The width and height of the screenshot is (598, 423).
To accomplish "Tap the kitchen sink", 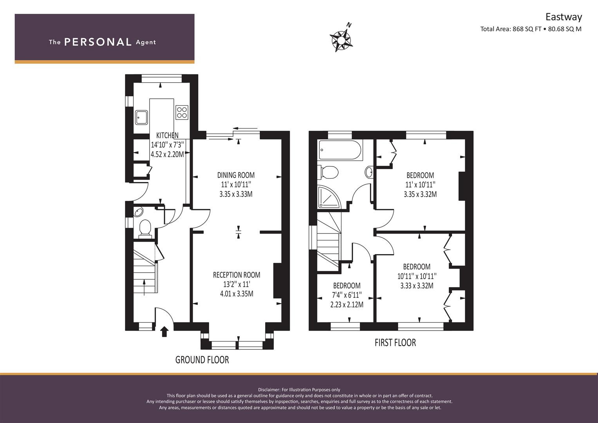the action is pos(141,117).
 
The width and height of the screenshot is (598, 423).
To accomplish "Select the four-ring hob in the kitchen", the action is pos(182,112).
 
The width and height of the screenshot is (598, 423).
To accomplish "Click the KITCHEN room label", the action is pos(167,135).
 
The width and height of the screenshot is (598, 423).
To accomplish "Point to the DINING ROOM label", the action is pos(236,175).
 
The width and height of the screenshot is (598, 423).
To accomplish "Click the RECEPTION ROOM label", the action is pos(237,275).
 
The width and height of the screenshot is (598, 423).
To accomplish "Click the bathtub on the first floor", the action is pos(340,150).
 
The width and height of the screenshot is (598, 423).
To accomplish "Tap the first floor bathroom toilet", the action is pos(328,172).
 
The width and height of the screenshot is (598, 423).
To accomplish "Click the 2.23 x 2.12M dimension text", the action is pos(347,304).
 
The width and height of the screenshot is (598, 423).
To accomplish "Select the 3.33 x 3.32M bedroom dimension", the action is pos(417,286).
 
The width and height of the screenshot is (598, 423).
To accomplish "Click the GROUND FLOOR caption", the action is pos(202,360).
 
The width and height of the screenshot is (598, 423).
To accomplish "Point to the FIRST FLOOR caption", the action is pos(396,342).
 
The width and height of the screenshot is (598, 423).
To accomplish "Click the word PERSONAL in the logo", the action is pos(98,42).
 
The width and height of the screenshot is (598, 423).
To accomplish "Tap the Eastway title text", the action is pos(564,17).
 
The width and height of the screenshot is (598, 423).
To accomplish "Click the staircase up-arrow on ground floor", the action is pos(145,287).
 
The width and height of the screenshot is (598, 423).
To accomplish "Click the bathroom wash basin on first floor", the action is pos(369,172).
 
